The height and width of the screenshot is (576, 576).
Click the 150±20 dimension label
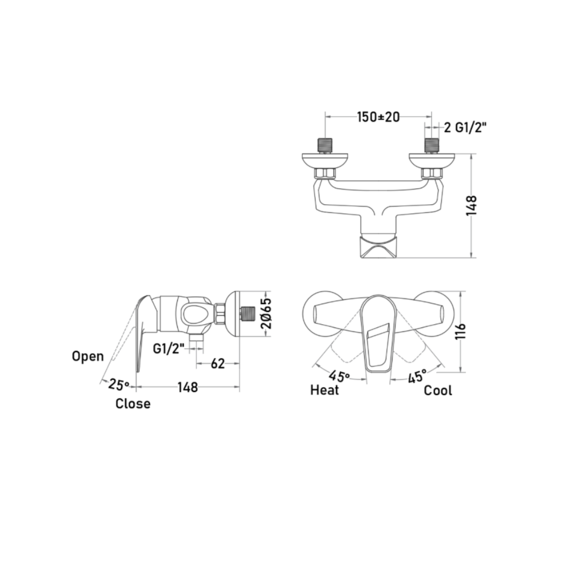[x=378, y=117]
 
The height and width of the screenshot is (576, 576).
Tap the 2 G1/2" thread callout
[x=466, y=127]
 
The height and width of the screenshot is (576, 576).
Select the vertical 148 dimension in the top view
[x=471, y=206]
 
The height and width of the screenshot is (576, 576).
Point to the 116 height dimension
[x=460, y=331]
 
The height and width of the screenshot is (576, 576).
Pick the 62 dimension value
[x=218, y=364]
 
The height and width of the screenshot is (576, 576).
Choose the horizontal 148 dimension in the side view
[x=187, y=387]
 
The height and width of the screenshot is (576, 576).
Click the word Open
[x=88, y=356]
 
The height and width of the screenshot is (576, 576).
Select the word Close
[x=133, y=403]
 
